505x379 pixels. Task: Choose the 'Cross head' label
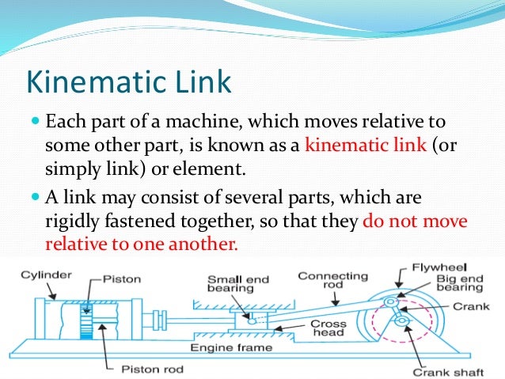327,329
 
